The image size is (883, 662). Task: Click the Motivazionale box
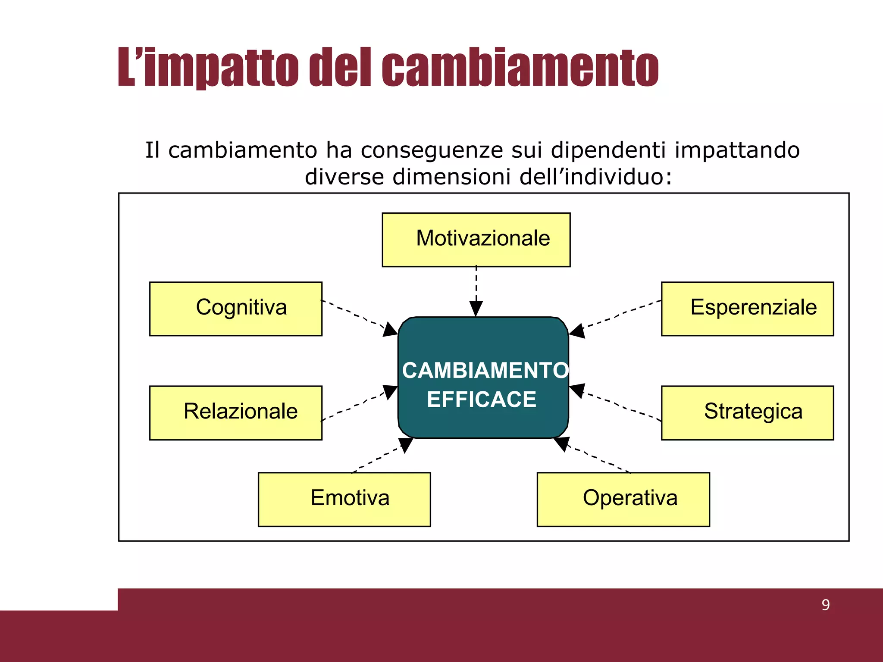click(x=476, y=240)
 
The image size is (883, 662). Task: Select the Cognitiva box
click(x=235, y=309)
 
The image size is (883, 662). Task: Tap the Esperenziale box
click(x=747, y=309)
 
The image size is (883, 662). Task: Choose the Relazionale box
click(x=235, y=412)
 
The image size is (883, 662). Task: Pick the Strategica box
click(x=747, y=412)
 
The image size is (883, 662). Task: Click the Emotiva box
click(x=344, y=499)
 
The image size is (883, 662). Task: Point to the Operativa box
click(x=623, y=499)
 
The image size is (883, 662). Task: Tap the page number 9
click(x=825, y=605)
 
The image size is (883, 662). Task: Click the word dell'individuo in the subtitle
click(x=595, y=177)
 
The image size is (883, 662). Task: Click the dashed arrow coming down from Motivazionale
click(x=476, y=289)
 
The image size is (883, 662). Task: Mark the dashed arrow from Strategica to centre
click(x=617, y=404)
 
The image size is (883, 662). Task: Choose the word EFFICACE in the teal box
click(x=482, y=399)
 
